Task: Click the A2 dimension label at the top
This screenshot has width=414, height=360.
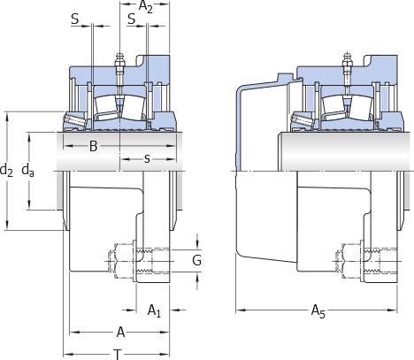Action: pyautogui.click(x=145, y=6)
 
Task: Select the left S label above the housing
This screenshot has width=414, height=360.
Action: pyautogui.click(x=75, y=19)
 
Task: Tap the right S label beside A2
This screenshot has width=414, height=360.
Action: pyautogui.click(x=132, y=19)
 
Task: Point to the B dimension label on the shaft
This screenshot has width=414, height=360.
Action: pyautogui.click(x=93, y=146)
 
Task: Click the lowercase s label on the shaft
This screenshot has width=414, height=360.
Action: pyautogui.click(x=147, y=159)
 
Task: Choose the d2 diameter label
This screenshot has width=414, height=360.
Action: pyautogui.click(x=6, y=170)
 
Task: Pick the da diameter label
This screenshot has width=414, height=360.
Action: pyautogui.click(x=28, y=170)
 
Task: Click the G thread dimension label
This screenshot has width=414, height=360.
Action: pyautogui.click(x=196, y=260)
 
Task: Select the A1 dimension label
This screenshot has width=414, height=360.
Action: pyautogui.click(x=154, y=310)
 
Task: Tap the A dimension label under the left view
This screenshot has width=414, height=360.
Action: pyautogui.click(x=120, y=332)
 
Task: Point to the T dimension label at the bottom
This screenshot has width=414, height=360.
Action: pyautogui.click(x=118, y=354)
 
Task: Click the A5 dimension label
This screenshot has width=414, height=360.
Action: pyautogui.click(x=318, y=311)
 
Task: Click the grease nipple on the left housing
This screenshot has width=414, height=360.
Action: pyautogui.click(x=119, y=60)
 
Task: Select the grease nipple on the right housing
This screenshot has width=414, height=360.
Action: pyautogui.click(x=348, y=60)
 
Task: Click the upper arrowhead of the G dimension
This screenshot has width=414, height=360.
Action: pyautogui.click(x=197, y=245)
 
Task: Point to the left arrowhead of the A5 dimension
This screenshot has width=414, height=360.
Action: pyautogui.click(x=241, y=310)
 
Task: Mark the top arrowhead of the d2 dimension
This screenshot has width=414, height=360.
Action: pyautogui.click(x=8, y=117)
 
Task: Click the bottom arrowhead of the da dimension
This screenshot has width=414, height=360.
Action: pyautogui.click(x=29, y=204)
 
